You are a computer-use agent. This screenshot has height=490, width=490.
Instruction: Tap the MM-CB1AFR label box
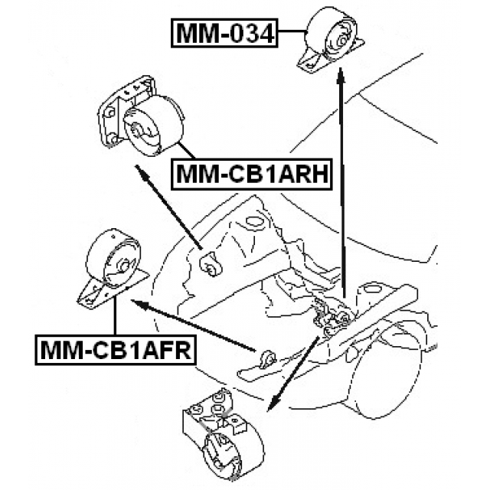point(114,350)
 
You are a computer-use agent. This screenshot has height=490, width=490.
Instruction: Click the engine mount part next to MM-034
point(330,42)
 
